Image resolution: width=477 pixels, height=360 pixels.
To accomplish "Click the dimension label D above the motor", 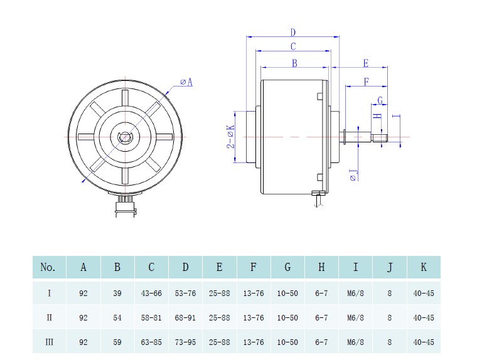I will [x=293, y=33].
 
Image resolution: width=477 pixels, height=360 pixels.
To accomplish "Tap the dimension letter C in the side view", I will [x=293, y=46].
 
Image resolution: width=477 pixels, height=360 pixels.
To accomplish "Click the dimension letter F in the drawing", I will [x=366, y=81].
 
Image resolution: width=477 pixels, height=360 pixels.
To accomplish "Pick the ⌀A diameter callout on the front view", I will [x=186, y=82].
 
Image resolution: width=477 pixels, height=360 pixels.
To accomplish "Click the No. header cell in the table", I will [x=49, y=267].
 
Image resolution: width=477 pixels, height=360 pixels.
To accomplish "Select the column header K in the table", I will [x=424, y=267].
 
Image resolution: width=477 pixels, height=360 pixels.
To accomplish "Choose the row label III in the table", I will [x=49, y=342].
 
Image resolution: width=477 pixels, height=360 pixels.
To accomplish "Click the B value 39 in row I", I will [x=117, y=293].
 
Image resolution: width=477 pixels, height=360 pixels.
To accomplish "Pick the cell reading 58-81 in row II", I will [x=151, y=317].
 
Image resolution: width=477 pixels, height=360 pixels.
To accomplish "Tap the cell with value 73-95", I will [x=185, y=342].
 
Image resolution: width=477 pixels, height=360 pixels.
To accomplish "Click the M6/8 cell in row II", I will [x=355, y=317].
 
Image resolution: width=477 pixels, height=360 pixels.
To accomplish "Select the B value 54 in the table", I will [x=117, y=317].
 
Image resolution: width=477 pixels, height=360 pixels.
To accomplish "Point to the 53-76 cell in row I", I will [x=185, y=293].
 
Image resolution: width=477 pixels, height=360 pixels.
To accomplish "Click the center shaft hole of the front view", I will [x=126, y=137].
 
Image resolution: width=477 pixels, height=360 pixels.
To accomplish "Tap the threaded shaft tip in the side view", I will [x=381, y=137].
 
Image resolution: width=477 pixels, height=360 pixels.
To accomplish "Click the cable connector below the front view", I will [x=126, y=206].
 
